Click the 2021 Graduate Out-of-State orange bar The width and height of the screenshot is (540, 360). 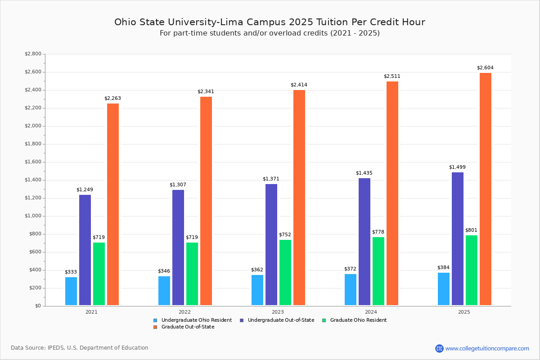(x=113, y=204)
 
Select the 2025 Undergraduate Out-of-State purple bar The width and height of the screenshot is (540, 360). (x=458, y=238)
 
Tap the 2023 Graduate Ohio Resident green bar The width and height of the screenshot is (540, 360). (x=285, y=272)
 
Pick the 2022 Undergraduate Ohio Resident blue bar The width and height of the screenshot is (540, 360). (x=164, y=291)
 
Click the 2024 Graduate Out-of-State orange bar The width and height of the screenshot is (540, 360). (x=392, y=193)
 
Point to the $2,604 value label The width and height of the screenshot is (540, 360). (x=485, y=68)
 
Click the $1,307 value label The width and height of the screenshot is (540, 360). (x=178, y=185)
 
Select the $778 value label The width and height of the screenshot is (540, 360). (x=378, y=232)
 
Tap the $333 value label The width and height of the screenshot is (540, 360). (x=71, y=272)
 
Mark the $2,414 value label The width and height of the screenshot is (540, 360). (x=299, y=85)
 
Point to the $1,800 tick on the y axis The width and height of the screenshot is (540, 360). (x=33, y=144)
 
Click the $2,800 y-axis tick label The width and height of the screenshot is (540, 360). (x=33, y=54)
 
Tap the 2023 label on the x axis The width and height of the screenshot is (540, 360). (x=278, y=312)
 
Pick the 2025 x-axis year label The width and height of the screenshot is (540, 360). (x=464, y=312)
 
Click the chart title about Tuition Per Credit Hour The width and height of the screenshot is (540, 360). (x=270, y=22)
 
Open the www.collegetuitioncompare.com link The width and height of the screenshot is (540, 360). (x=487, y=348)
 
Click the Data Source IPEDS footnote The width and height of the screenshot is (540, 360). (x=80, y=348)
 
